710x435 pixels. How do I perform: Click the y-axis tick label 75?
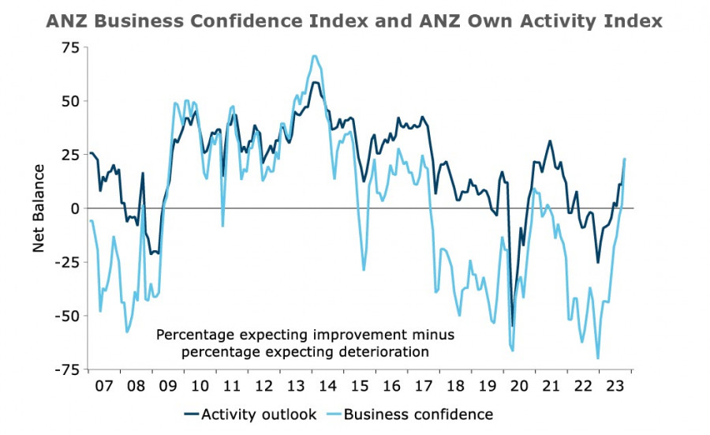pos(69,47)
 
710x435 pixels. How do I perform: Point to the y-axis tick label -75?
pos(66,369)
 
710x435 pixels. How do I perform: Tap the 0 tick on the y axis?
pos(74,208)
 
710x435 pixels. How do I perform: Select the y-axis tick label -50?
pos(66,316)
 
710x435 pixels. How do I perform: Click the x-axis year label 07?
pos(103,386)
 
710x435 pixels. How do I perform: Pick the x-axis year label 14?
pos(327,386)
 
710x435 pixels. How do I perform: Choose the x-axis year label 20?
pos(519,386)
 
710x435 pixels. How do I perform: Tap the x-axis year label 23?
pos(615,386)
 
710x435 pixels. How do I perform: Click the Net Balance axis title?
pos(39,208)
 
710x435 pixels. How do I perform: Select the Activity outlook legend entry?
pos(251,414)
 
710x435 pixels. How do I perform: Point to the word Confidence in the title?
pos(248,21)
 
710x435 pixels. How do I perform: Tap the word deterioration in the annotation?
pos(386,352)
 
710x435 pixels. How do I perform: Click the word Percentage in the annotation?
pos(195,336)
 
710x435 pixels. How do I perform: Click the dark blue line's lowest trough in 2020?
pos(513,326)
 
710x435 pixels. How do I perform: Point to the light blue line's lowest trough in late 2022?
pos(598,358)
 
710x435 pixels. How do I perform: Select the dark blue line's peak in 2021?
pos(550,141)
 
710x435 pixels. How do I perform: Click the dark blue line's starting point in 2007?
pos(91,153)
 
